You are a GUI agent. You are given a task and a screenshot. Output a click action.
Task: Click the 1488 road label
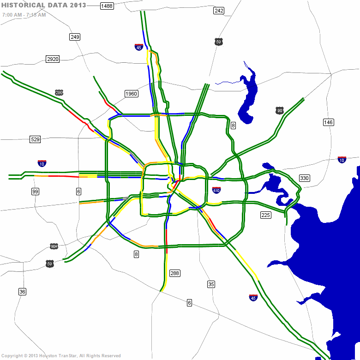pyautogui.click(x=107, y=6)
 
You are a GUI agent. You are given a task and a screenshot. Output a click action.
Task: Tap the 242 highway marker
pyautogui.click(x=219, y=11)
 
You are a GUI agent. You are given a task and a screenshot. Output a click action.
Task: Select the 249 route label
pyautogui.click(x=75, y=36)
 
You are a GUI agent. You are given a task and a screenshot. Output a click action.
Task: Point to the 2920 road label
pyautogui.click(x=53, y=59)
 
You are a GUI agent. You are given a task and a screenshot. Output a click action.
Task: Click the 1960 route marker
pyautogui.click(x=131, y=94)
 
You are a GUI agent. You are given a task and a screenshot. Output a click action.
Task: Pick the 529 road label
pyautogui.click(x=36, y=139)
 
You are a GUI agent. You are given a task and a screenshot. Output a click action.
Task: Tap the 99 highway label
pyautogui.click(x=36, y=192)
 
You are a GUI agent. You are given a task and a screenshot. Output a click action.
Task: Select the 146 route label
pyautogui.click(x=328, y=122)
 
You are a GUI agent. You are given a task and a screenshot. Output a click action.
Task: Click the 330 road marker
pyautogui.click(x=304, y=178)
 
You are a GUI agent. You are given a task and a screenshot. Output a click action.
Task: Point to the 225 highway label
pyautogui.click(x=265, y=215)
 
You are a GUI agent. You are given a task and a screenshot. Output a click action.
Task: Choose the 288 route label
pyautogui.click(x=174, y=273)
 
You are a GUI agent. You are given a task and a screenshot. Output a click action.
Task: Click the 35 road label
pyautogui.click(x=211, y=284)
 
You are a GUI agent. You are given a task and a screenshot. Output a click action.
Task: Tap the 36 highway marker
pyautogui.click(x=22, y=291)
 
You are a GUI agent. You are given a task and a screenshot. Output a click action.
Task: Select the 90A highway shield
pyautogui.click(x=54, y=246)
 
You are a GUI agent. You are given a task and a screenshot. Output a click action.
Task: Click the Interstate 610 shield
pyautogui.click(x=216, y=190)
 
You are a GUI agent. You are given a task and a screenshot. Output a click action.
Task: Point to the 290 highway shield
pyautogui.click(x=59, y=93)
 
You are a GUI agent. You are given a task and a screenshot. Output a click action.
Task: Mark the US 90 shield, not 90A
pyautogui.click(x=279, y=110)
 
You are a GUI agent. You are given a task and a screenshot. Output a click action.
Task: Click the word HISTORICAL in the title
pyautogui.click(x=24, y=5)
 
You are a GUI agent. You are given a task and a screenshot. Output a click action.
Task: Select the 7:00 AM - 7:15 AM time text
pyautogui.click(x=24, y=15)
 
